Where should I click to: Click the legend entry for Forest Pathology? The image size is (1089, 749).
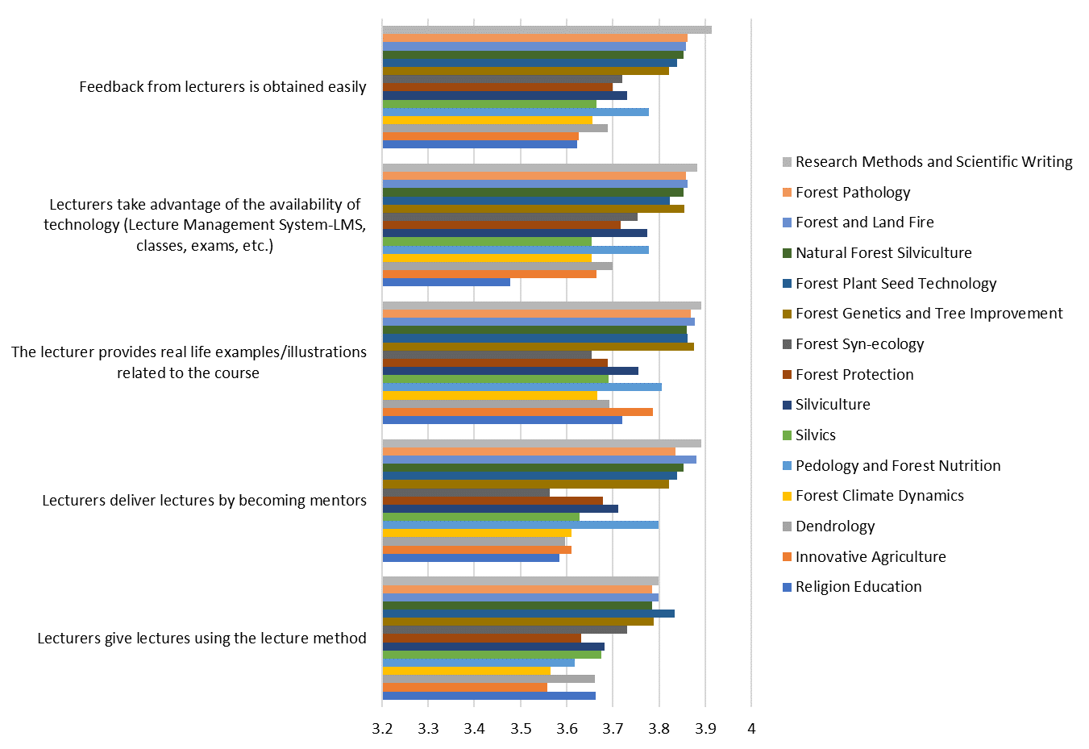852,193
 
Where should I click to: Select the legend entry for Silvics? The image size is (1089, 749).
815,435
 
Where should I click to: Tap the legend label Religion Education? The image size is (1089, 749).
858,587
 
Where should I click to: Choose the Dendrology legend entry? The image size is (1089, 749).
834,526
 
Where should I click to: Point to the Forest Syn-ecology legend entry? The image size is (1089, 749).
859,344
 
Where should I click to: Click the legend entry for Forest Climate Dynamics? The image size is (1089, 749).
879,496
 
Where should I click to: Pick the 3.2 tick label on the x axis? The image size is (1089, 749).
382,729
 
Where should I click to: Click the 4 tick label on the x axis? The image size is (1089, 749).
751,729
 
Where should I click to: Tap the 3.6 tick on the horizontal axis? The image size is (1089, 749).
567,729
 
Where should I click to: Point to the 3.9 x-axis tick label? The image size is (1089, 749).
705,729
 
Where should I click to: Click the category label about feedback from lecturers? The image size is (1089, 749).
222,87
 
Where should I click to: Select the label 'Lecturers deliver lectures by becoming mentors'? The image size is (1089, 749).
204,501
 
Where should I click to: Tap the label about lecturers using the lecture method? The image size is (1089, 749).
202,639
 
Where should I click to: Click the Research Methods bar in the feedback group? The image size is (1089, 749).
547,30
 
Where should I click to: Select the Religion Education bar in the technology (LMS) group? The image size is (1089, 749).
446,282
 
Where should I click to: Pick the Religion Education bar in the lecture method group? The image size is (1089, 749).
488,696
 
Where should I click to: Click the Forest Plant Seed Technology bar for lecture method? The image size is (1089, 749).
528,614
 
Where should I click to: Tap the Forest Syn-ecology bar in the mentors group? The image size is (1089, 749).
466,493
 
